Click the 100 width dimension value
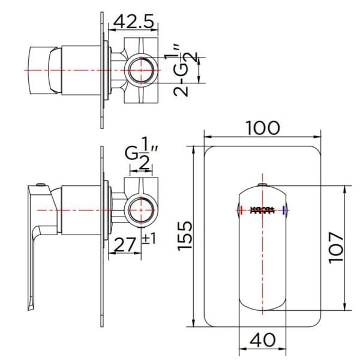point(263,128)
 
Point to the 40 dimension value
point(262,340)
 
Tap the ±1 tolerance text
point(149,239)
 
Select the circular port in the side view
point(143,209)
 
